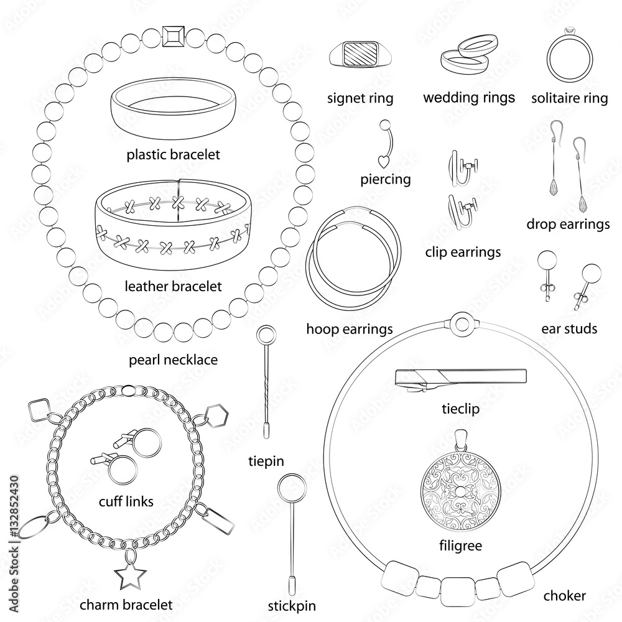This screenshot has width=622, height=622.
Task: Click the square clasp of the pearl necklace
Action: [x=174, y=37]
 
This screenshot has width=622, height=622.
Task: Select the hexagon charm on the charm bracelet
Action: [x=217, y=415]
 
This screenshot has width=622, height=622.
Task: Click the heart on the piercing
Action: [x=383, y=162]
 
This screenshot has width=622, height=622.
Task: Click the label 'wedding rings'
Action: [x=469, y=98]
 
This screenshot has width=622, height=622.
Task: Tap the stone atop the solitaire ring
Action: [x=569, y=31]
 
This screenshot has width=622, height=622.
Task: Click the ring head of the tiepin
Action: [x=266, y=337]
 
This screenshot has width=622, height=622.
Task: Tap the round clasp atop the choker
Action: [x=462, y=323]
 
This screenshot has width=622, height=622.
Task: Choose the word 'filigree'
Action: [x=461, y=545]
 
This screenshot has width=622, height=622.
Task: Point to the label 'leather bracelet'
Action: [x=173, y=286]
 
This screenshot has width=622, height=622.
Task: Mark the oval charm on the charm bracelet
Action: [x=34, y=527]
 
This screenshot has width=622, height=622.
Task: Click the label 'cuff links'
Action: [x=126, y=501]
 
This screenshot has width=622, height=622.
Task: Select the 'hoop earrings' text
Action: [x=350, y=329]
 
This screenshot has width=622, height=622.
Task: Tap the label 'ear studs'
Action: [x=569, y=328]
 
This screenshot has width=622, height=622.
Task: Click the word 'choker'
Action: [x=565, y=595]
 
